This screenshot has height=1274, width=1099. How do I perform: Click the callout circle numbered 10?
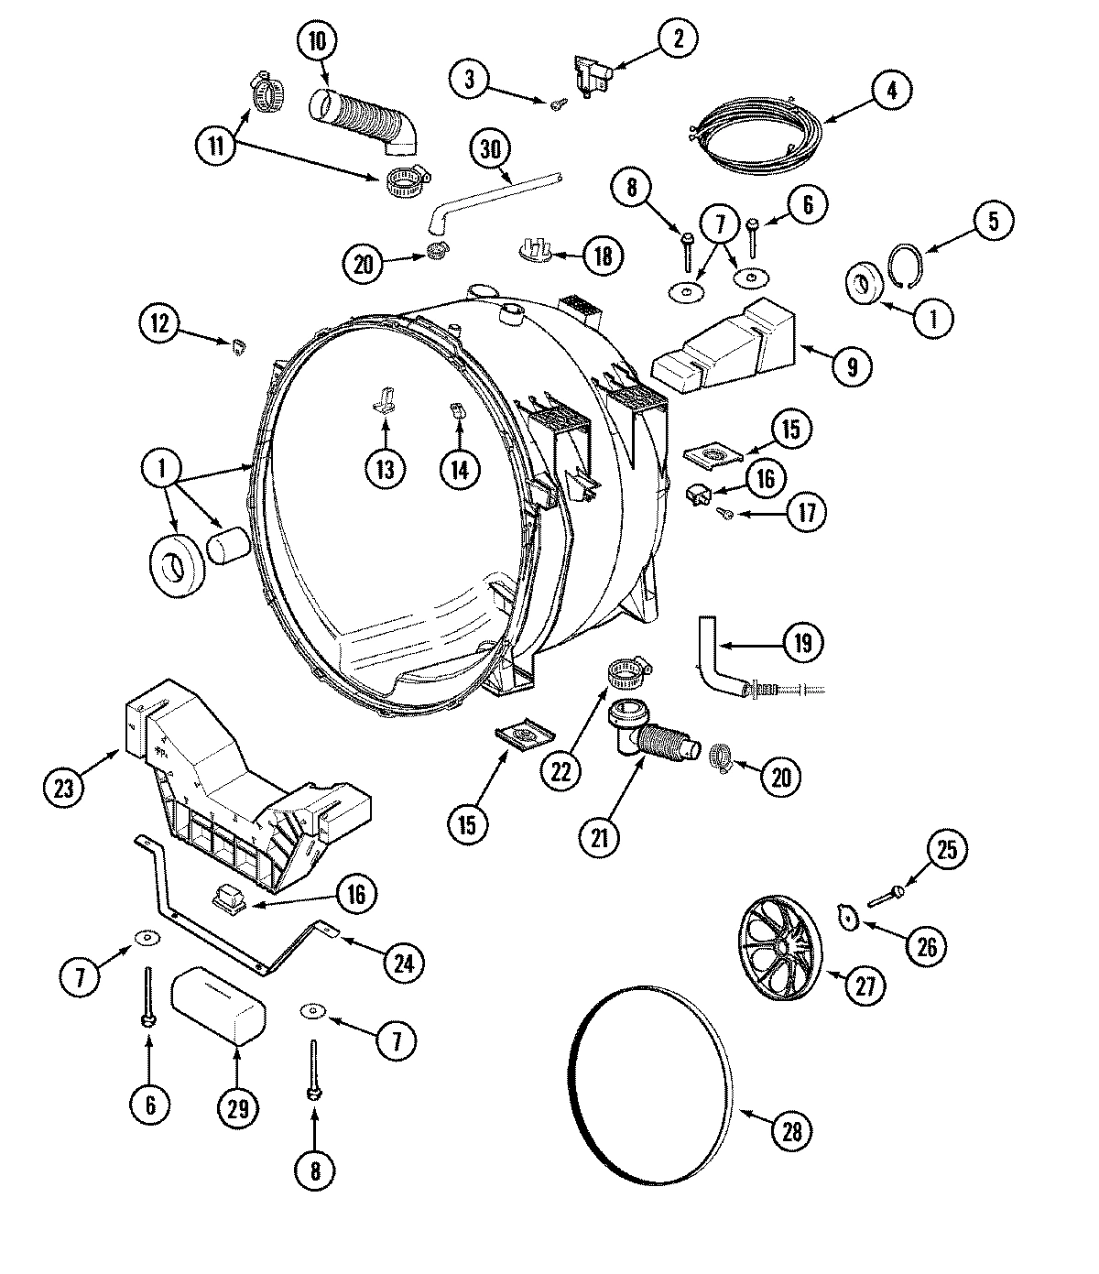tap(317, 40)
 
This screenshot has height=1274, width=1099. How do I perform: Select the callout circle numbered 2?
tap(678, 38)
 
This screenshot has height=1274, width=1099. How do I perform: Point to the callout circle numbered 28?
tap(792, 1131)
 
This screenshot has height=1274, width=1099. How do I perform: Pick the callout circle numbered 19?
tap(802, 642)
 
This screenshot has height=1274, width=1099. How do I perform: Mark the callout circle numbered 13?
tap(384, 469)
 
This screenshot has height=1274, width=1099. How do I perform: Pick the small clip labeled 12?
tap(240, 346)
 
